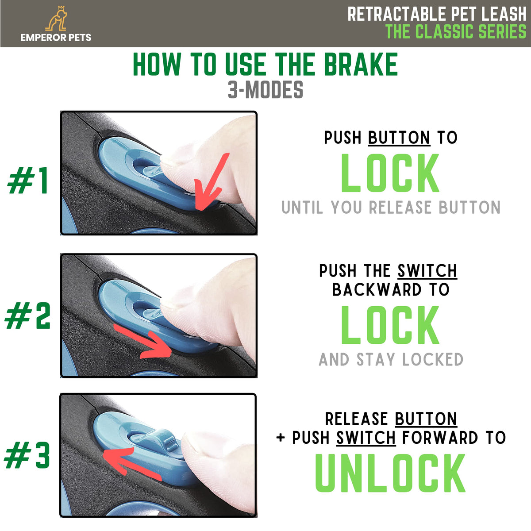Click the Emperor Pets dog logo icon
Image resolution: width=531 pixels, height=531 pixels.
coord(56,18)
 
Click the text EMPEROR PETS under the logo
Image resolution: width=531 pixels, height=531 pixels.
coord(56,38)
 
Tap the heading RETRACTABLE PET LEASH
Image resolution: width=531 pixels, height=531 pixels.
coord(437,14)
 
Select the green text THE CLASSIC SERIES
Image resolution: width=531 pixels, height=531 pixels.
coord(456,31)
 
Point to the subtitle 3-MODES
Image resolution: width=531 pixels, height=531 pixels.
coord(265,89)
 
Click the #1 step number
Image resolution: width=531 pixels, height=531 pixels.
coord(28,180)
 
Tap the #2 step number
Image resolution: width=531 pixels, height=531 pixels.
coord(27,315)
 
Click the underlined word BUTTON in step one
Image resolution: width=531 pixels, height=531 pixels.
coord(399,137)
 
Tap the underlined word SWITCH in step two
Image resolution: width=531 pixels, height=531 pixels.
coord(427,271)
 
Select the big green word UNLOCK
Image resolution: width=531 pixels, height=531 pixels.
coord(390,473)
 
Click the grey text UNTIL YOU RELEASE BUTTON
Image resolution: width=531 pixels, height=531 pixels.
coord(391,207)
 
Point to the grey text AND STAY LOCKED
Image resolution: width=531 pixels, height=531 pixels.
coord(391,359)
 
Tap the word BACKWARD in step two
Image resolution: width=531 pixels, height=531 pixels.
coord(377,289)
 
